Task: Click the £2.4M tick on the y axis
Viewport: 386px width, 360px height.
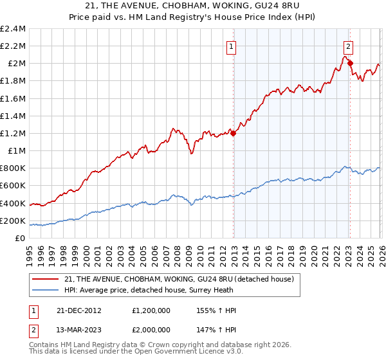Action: point(14,29)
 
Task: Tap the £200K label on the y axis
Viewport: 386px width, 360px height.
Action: point(14,221)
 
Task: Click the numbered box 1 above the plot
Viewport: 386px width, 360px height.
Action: point(231,46)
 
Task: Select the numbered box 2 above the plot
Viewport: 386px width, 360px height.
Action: point(348,46)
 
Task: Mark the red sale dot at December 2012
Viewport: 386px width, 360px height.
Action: point(233,133)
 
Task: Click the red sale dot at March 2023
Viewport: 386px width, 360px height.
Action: point(349,63)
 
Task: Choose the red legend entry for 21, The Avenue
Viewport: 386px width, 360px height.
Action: point(179,278)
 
